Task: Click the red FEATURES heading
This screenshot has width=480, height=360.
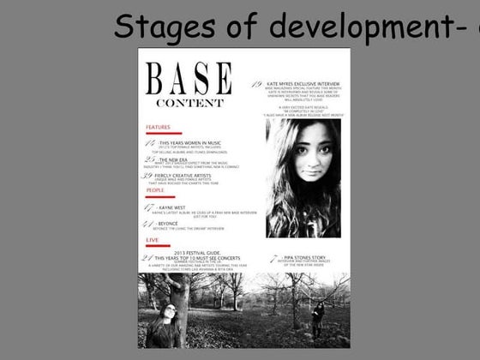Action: pyautogui.click(x=159, y=128)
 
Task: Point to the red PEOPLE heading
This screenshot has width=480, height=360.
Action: pyautogui.click(x=154, y=190)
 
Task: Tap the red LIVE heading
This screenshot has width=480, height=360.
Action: pyautogui.click(x=152, y=240)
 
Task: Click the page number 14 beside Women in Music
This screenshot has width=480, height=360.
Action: pyautogui.click(x=150, y=142)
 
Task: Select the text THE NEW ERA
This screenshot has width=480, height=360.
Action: pyautogui.click(x=176, y=159)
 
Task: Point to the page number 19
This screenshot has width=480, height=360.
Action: pyautogui.click(x=257, y=83)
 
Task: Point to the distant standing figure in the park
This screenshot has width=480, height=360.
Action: pyautogui.click(x=319, y=319)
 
